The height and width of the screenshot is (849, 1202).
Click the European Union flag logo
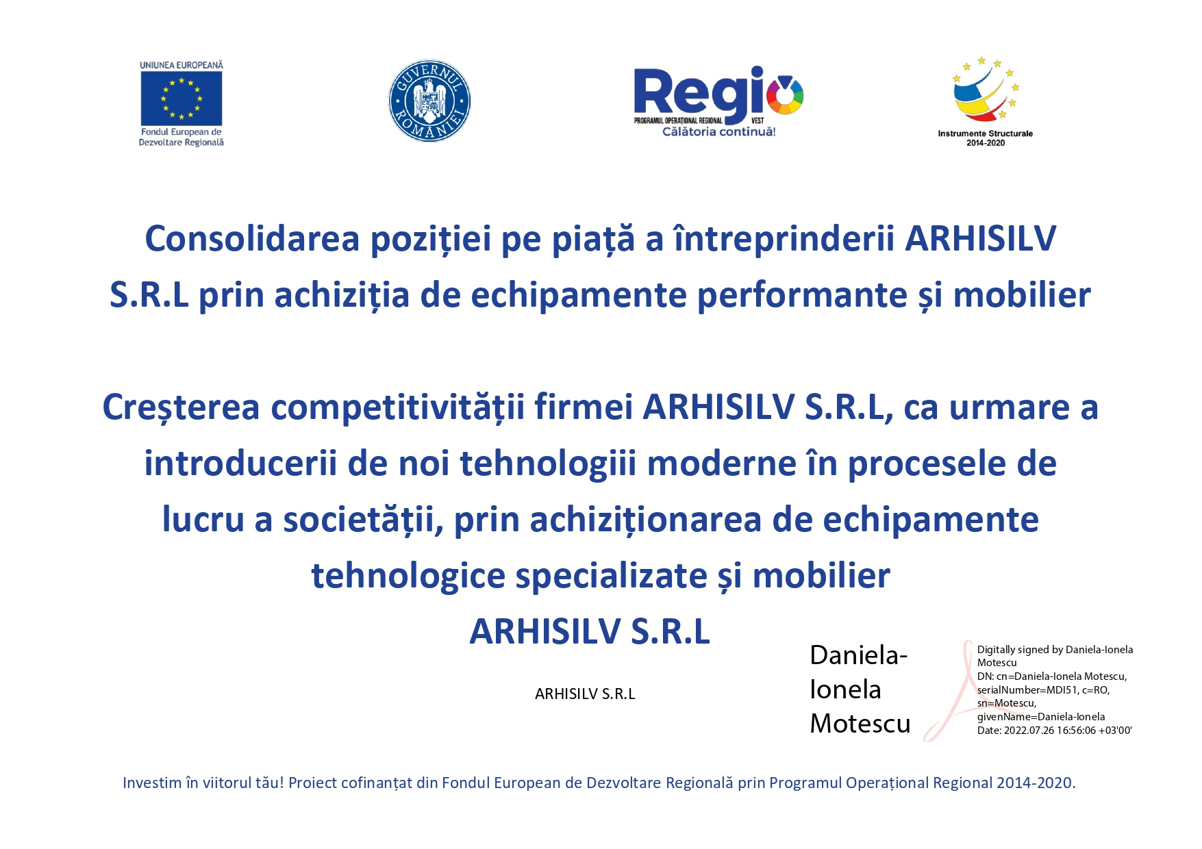pos(181,99)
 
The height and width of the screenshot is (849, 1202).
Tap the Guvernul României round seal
pos(429,101)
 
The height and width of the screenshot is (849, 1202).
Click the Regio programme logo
pos(718,102)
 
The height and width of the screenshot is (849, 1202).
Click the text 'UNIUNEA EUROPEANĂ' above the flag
pos(181,65)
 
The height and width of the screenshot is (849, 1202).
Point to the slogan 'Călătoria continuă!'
pos(719,131)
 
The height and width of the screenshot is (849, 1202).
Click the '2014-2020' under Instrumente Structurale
pos(986,143)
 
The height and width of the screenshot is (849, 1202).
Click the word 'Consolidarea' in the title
pos(252,239)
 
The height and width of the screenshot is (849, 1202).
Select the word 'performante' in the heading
pos(802,296)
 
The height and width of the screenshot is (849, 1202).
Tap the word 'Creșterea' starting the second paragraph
pos(181,407)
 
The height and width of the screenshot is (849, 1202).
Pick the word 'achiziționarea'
pos(645,520)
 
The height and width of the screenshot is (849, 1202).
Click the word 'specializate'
pos(611,576)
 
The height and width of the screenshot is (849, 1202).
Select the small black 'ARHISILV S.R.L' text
pos(585,694)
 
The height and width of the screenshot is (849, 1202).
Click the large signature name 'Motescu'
pos(860,724)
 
